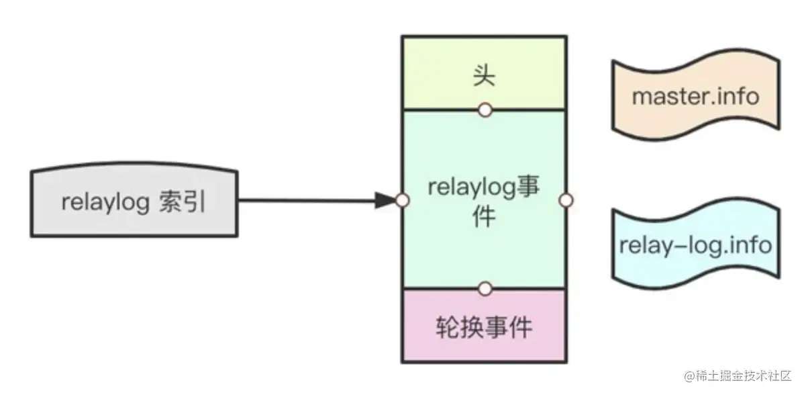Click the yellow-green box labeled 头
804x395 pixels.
point(483,73)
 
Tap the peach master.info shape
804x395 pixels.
point(695,96)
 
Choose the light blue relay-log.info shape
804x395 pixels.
point(695,245)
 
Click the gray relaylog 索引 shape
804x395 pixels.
point(134,202)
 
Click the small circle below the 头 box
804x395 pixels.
point(485,109)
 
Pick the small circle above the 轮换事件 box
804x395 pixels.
point(485,289)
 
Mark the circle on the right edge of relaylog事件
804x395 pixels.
point(566,200)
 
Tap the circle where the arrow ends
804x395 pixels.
point(402,200)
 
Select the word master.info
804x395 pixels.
point(695,96)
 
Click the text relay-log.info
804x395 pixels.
point(695,245)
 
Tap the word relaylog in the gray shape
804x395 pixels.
point(105,202)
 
